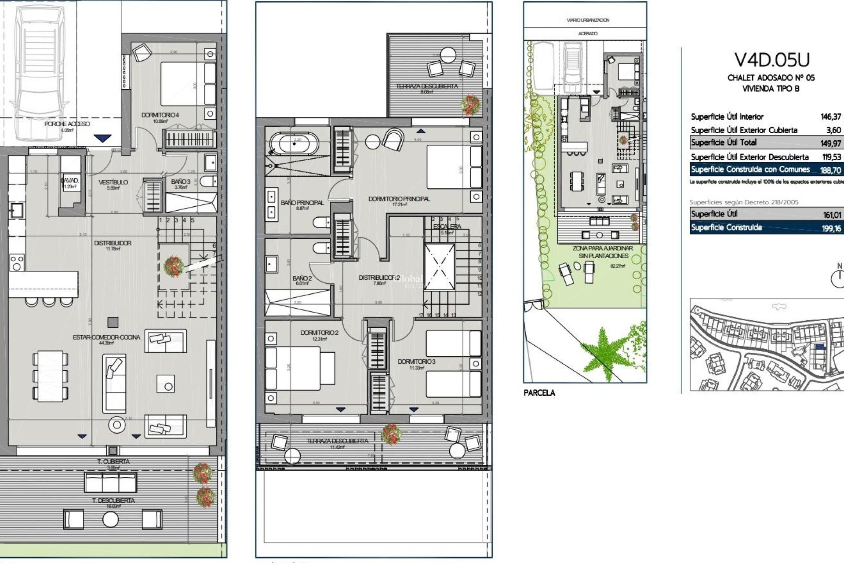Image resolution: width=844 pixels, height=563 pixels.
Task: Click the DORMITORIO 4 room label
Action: point(160,115)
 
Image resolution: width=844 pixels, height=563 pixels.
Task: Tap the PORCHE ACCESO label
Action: point(67,124)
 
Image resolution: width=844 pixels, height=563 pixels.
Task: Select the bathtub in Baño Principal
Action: point(294,144)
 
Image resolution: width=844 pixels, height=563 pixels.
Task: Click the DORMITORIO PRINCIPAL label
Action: point(399,199)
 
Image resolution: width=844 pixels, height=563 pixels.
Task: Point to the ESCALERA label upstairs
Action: point(447,227)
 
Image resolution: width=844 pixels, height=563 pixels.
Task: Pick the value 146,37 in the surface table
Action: point(830,117)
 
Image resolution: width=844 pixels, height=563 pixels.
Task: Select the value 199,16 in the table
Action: point(831,228)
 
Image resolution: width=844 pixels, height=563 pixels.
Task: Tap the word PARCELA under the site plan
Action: point(539,393)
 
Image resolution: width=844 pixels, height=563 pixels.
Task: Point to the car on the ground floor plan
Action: point(38,70)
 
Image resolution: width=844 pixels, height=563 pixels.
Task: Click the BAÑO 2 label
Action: point(302,278)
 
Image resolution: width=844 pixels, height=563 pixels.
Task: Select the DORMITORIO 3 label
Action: point(416,362)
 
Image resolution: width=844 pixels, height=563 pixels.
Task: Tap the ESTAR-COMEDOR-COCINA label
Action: point(106,337)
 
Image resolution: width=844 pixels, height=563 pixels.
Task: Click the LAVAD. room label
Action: point(69,181)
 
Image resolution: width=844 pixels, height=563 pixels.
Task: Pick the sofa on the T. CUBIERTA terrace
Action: point(110,482)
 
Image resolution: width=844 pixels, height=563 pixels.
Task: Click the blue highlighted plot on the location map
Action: point(819,347)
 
